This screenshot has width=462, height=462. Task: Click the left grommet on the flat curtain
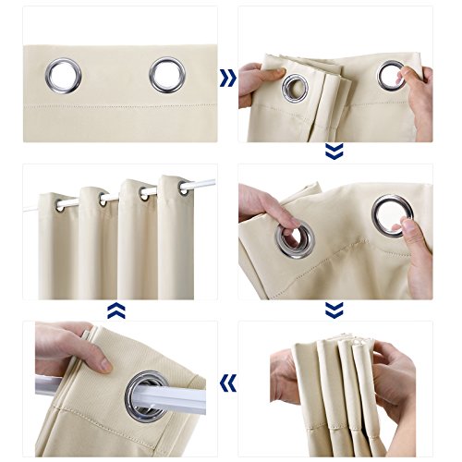64,76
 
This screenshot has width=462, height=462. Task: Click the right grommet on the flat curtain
166,75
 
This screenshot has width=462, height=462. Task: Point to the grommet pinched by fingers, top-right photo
391,75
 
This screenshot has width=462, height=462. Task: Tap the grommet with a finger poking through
294,238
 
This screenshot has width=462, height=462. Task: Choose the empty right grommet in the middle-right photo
392,213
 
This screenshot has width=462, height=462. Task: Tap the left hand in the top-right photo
251,88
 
